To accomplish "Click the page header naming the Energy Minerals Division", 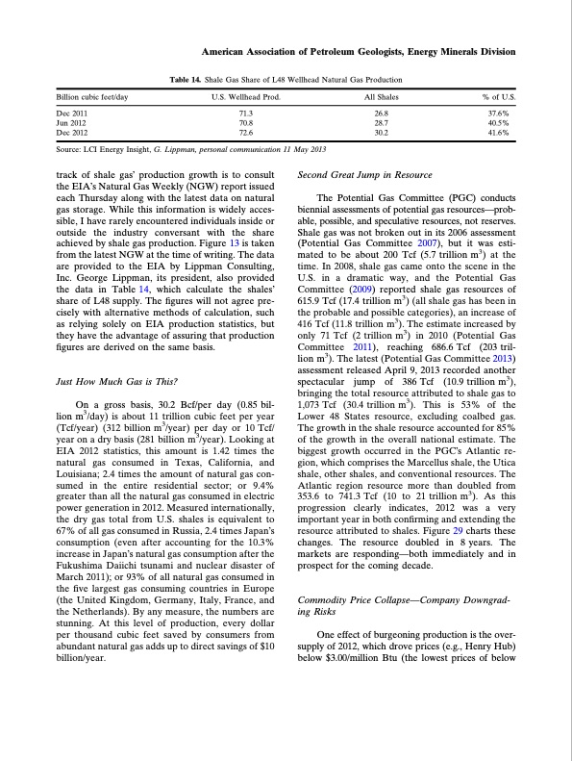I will tap(360, 51).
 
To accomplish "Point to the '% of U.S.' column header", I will tap(499, 98).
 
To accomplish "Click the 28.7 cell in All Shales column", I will tap(379, 122).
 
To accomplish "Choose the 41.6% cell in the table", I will tap(499, 131).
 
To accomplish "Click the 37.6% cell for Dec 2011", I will tap(499, 114).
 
